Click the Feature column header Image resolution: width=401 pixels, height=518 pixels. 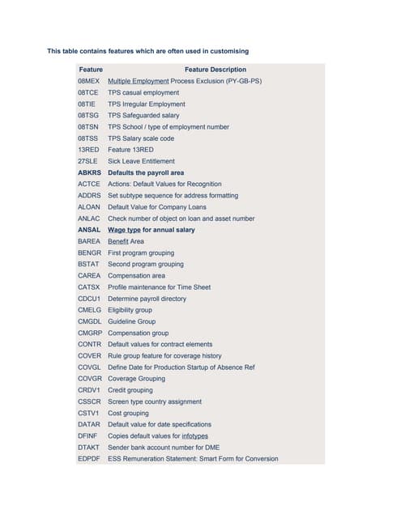coord(91,70)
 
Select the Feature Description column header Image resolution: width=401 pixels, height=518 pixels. coord(215,70)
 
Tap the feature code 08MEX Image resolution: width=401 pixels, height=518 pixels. coord(89,82)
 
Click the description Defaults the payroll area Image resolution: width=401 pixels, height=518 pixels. coord(146,173)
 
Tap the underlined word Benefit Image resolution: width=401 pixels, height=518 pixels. coord(118,241)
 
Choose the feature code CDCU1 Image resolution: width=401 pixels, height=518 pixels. coord(90,299)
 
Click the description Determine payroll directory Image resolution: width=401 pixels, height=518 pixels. coord(147,299)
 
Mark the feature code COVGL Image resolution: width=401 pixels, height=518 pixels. coord(90,367)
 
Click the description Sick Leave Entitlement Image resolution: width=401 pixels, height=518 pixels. coord(141,162)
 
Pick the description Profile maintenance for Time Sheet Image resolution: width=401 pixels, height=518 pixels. coord(159,287)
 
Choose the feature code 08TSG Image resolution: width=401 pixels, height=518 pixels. coord(89,116)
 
